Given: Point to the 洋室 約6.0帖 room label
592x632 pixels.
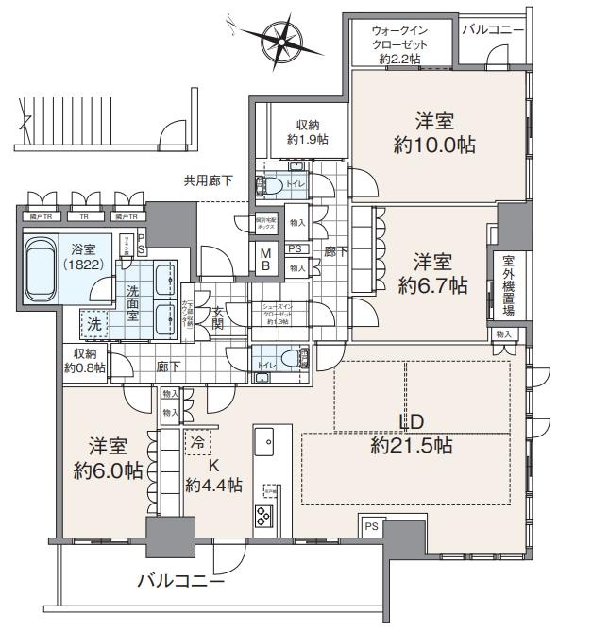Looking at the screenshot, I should coord(104,456).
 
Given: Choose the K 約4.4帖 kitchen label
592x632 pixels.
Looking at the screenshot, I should coord(212,475).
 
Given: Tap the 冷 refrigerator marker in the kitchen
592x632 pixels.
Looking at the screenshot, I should coord(197,440).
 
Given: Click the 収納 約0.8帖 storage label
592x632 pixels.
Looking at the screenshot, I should coord(85,360).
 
